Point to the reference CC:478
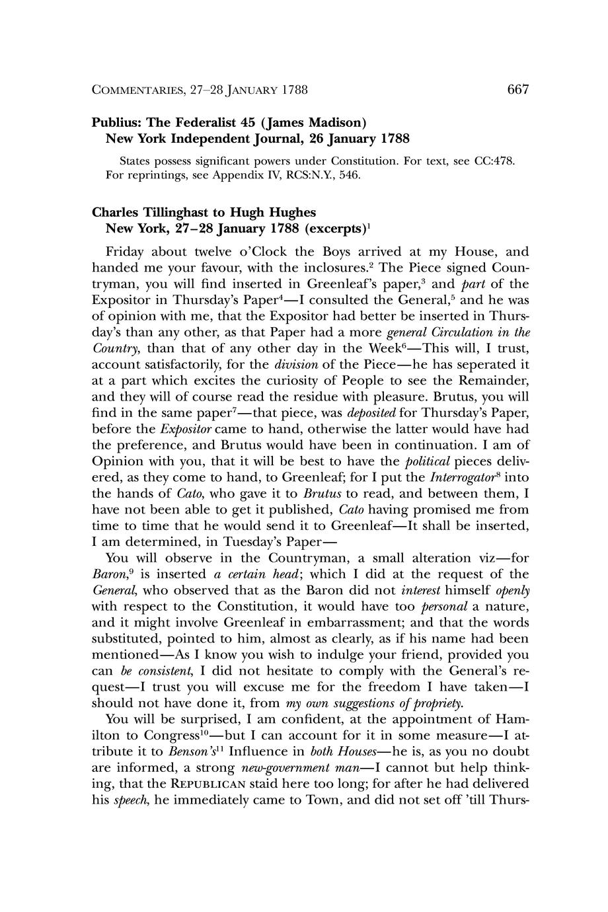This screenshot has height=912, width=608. point(495,161)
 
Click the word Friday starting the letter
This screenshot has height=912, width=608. point(125,252)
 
